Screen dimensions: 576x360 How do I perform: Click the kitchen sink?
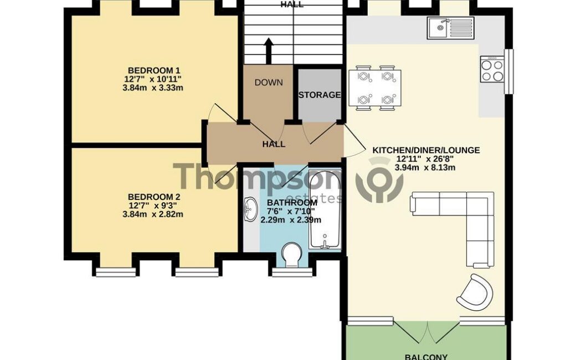450,28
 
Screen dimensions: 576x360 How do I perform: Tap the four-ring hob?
492,70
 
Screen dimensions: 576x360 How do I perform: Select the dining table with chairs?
375,88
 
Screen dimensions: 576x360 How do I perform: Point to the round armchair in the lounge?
474,292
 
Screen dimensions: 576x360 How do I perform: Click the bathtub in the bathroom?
325,210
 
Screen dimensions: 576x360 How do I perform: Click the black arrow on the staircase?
269,51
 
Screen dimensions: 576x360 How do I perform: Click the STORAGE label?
319,95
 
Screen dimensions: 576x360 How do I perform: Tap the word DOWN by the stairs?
269,83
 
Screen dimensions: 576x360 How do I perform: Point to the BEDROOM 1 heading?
153,70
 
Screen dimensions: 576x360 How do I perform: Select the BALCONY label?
426,357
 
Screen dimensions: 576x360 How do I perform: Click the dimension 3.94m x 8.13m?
425,168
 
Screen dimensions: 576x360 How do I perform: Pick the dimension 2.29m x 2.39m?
291,220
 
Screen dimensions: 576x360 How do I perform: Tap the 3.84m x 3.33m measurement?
153,88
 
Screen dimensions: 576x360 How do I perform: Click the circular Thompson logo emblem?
380,180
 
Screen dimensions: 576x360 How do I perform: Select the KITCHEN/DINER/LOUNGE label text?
426,150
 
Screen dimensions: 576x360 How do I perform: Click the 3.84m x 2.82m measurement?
153,214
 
